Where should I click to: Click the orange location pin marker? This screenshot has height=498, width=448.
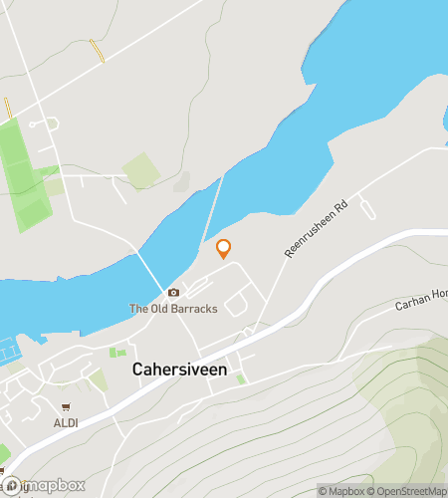click(223, 248)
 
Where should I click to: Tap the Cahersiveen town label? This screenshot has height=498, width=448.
click(180, 370)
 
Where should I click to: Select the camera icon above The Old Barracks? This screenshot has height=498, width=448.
click(174, 292)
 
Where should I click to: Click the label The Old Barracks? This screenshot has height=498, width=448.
click(173, 309)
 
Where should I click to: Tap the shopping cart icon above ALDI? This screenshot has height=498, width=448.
click(66, 406)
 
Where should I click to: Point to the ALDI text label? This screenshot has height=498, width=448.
click(66, 421)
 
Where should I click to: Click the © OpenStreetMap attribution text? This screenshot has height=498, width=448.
click(408, 490)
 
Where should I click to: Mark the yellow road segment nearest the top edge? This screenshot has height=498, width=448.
click(97, 51)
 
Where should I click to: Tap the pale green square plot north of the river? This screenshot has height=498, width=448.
click(140, 170)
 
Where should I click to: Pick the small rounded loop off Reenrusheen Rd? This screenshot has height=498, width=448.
click(367, 210)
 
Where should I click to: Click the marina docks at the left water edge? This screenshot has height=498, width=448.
click(9, 350)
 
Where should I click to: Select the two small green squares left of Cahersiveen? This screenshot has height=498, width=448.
click(117, 353)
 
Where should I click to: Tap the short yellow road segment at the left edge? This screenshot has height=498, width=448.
click(8, 108)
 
